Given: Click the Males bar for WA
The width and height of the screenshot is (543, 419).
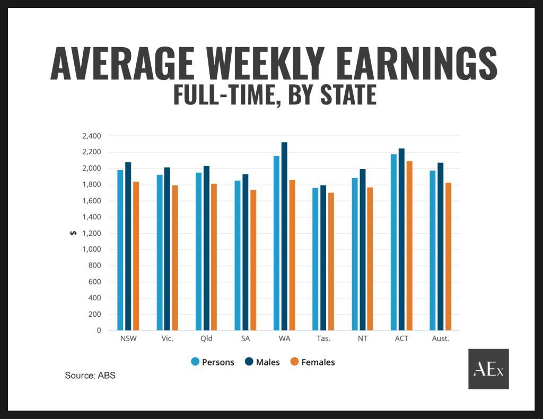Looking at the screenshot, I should click(x=284, y=236).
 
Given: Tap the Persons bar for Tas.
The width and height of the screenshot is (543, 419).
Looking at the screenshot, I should click(x=315, y=259).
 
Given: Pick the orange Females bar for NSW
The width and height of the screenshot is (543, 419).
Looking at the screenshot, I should click(x=136, y=256).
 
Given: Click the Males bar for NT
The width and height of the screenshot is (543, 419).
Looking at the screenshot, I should click(x=362, y=249).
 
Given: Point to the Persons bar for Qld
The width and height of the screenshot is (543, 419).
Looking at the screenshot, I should click(x=198, y=252).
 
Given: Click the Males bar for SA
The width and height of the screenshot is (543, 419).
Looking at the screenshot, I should click(x=245, y=252).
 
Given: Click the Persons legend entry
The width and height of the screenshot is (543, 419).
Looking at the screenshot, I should click(x=212, y=362).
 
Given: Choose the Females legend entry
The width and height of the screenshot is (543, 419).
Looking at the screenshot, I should click(x=312, y=362).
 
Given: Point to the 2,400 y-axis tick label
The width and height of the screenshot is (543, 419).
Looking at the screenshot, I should click(x=91, y=136).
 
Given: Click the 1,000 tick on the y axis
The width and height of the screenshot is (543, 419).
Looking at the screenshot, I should click(x=91, y=249).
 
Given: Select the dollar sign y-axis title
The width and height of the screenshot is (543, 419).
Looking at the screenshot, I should click(x=74, y=233).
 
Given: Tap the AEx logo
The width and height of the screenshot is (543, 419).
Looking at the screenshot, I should click(x=488, y=369).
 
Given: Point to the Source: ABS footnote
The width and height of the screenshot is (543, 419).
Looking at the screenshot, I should click(x=90, y=376).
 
